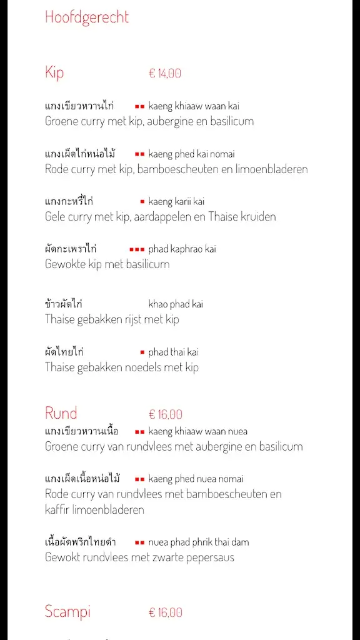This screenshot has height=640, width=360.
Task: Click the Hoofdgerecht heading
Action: [x=87, y=17]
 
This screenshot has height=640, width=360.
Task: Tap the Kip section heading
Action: [x=54, y=72]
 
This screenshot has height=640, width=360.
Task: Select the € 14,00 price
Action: [x=165, y=73]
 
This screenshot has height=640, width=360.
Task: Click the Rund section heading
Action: [x=61, y=413]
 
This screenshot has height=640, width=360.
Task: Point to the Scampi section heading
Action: [x=67, y=611]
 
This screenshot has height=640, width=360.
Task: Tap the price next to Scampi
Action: [x=166, y=612]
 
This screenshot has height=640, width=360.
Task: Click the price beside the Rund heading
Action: [x=166, y=414]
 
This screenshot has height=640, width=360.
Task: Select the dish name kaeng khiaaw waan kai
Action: [x=194, y=106]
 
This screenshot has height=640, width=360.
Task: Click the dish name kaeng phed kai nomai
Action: [x=192, y=154]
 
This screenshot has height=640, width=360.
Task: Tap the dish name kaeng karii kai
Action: [x=176, y=201]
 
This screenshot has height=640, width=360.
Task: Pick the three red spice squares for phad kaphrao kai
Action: [x=137, y=249]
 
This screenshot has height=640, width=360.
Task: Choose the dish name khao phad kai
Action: [x=176, y=304]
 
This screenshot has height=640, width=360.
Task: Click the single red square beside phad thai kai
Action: [x=142, y=352]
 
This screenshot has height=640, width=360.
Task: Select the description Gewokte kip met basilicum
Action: [x=107, y=264]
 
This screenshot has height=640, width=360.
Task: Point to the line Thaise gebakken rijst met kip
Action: [x=112, y=319]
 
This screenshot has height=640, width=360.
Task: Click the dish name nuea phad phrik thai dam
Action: [x=199, y=542]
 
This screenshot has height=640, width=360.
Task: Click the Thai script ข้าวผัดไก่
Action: [x=64, y=304]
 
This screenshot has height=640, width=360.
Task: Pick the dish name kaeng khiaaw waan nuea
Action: [x=198, y=431]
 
